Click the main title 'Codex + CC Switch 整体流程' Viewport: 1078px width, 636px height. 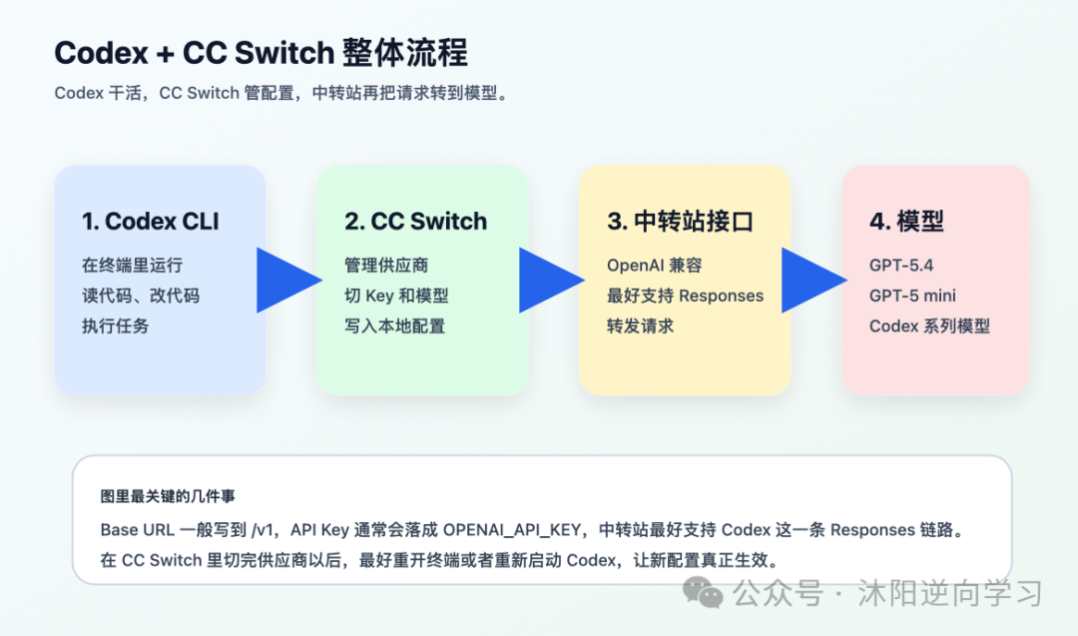click(261, 53)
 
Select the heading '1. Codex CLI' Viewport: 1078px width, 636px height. click(150, 222)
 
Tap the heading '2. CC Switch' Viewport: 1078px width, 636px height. click(415, 222)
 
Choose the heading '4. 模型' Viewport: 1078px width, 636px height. click(906, 222)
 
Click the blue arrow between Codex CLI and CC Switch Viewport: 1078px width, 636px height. click(287, 280)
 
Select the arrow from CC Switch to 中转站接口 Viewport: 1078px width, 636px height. click(550, 280)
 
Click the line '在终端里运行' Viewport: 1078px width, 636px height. click(132, 266)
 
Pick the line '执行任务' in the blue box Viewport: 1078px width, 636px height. click(115, 325)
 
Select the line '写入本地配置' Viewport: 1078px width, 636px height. click(394, 325)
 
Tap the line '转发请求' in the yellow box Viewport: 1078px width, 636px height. click(640, 325)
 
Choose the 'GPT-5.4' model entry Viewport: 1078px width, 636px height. click(901, 266)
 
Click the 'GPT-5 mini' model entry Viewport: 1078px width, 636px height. click(912, 296)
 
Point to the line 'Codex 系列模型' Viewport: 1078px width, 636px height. click(929, 325)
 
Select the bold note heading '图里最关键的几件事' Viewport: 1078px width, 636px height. click(168, 496)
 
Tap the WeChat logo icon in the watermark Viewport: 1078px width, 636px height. click(710, 594)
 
